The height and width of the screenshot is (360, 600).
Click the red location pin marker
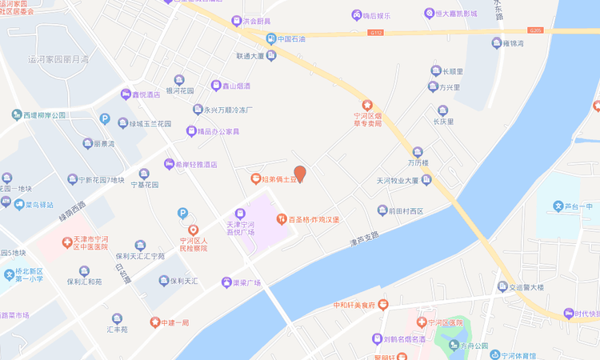pos(300,173)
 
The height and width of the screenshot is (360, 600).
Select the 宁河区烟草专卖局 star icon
pos(368,105)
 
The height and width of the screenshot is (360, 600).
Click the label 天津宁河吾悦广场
pos(240,229)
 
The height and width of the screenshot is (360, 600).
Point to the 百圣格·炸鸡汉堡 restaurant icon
pos(282,218)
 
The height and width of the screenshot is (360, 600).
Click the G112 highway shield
pos(376,33)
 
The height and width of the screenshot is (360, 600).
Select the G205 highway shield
pos(535,30)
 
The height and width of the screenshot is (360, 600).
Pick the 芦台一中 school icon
pos(559,206)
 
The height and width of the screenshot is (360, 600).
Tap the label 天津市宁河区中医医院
pos(85,242)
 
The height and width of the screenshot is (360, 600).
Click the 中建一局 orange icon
pos(154,322)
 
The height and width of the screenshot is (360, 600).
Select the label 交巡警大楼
pos(520,286)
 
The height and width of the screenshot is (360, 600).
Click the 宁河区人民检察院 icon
pos(182,230)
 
